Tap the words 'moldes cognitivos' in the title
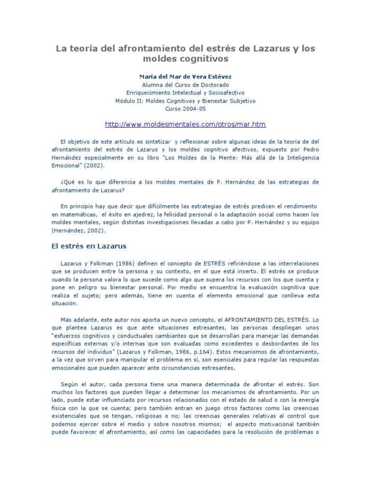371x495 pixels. tap(185, 59)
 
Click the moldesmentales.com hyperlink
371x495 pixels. tap(185, 124)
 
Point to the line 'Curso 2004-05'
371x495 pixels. tap(185, 109)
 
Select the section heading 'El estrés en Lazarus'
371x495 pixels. tap(88, 246)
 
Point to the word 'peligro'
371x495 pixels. tap(84, 288)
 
